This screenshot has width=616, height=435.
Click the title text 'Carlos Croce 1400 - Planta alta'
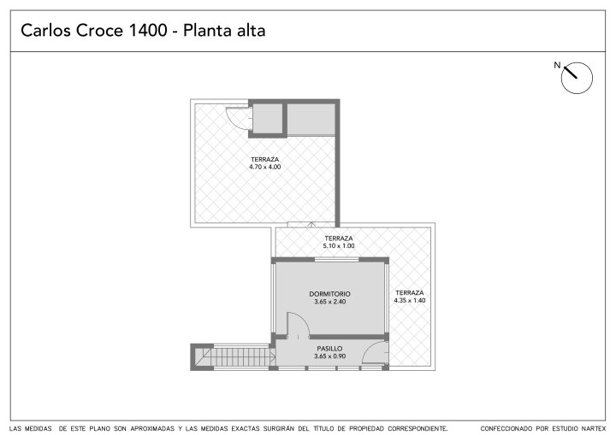[x=143, y=30]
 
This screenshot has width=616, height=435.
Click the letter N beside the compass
[x=557, y=65]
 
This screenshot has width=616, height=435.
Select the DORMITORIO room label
[x=329, y=294]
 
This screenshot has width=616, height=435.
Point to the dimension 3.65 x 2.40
[x=329, y=302]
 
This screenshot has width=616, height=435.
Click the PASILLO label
[x=329, y=349]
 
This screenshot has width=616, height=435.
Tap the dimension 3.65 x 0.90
[x=329, y=356]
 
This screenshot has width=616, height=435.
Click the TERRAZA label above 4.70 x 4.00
[x=264, y=160]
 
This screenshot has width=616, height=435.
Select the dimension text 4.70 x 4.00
[x=264, y=167]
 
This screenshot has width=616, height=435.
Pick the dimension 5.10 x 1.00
[x=339, y=246]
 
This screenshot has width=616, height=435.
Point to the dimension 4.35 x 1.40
[x=410, y=300]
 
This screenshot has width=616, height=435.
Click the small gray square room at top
[x=268, y=119]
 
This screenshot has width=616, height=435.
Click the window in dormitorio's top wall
[x=336, y=260]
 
